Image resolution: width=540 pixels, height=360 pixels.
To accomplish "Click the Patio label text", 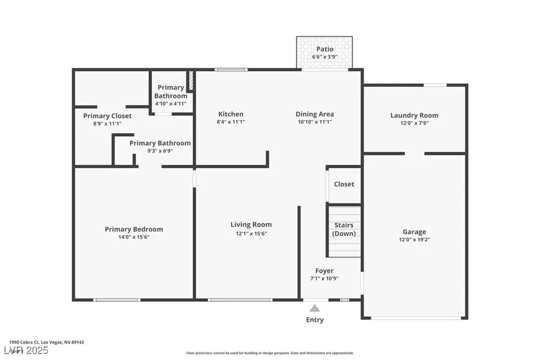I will coord(325,49).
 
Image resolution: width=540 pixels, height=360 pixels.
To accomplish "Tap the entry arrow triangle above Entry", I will coord(314,308).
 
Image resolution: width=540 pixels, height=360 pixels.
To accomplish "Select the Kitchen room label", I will coord(231,114).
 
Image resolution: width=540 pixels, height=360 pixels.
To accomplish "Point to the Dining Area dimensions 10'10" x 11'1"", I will coord(314,122).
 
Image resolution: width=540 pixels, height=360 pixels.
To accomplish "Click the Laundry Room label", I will coord(414,115).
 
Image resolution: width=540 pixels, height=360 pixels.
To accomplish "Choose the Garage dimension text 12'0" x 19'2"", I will coord(414,239).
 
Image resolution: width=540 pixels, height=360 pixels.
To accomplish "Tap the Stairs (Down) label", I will coord(344,230).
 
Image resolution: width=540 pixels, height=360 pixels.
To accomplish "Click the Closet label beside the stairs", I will coord(344,184).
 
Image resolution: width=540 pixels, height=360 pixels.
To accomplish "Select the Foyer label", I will coord(325,271).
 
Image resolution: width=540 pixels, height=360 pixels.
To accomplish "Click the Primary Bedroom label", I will coord(134,229).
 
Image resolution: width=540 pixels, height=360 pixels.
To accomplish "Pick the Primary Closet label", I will coord(107,116).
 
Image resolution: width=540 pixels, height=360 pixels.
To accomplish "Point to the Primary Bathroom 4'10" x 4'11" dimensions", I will coord(171,103).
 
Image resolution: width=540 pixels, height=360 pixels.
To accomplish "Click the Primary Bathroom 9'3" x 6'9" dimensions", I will coord(160,151).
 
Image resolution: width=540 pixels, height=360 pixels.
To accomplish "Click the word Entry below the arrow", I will coord(314,320).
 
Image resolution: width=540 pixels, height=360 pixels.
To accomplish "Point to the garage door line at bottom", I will coord(414,318).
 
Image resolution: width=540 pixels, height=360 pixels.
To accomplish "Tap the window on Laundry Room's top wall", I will coord(436,85).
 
